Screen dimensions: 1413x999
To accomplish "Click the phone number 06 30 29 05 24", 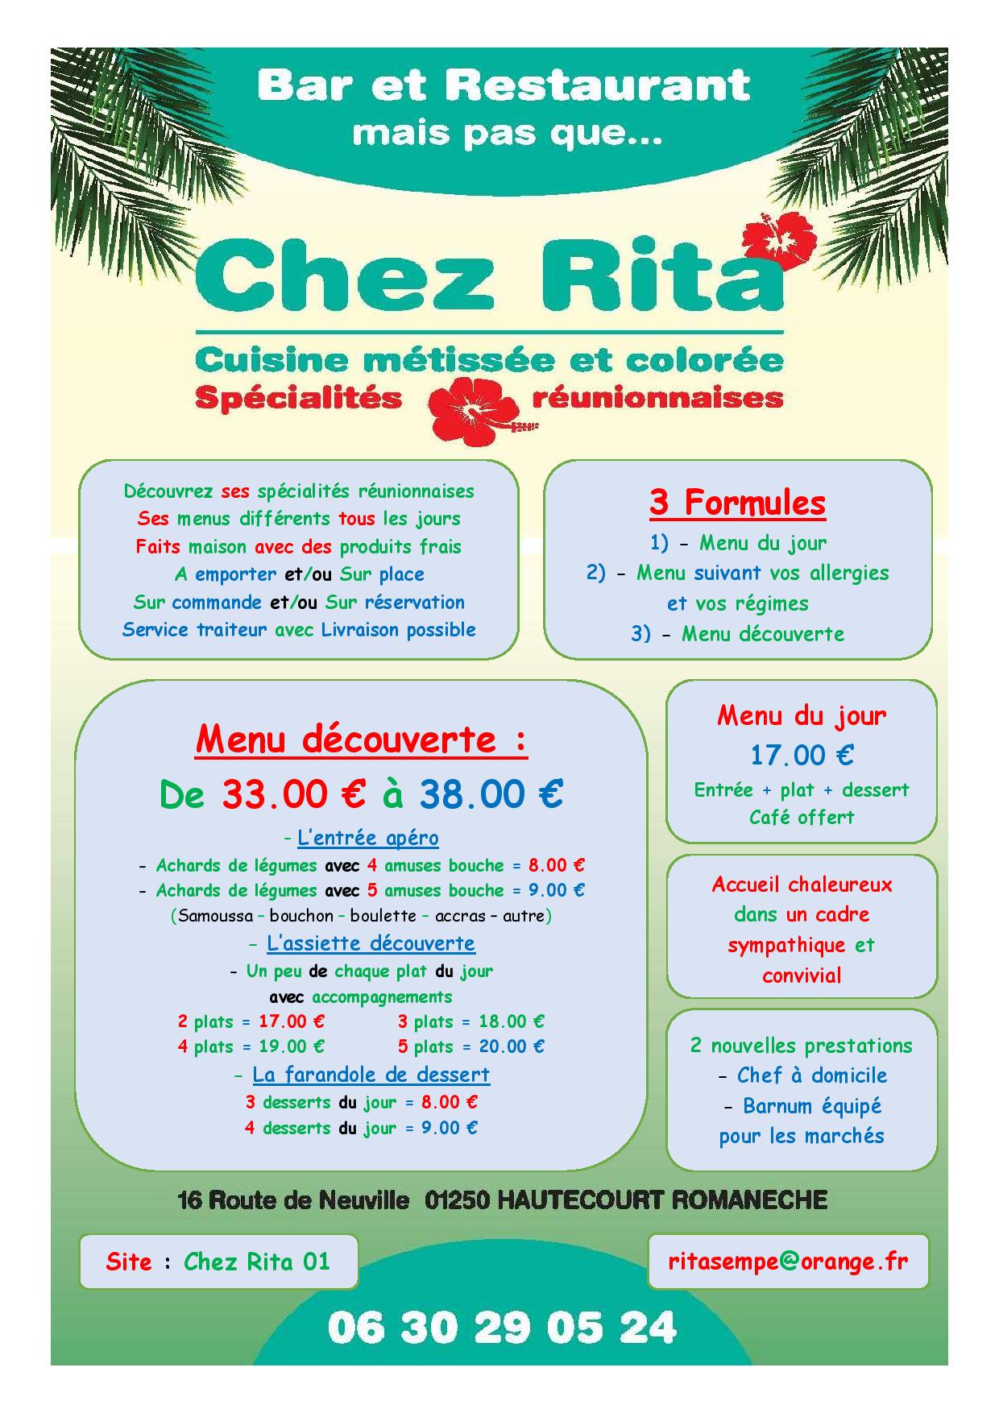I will [x=501, y=1328].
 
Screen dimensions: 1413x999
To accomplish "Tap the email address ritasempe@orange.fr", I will [x=788, y=1261].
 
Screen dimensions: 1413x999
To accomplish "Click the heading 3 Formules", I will [x=737, y=503].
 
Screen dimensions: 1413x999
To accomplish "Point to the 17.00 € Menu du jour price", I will [x=802, y=755].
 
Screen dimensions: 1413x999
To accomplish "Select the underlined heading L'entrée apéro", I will [x=367, y=838].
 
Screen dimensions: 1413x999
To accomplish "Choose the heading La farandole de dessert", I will [x=371, y=1074].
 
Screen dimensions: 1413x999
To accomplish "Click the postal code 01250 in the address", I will [x=457, y=1200].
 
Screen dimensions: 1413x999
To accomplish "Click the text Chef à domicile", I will [x=812, y=1075].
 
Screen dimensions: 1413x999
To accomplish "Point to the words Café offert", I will [x=802, y=817].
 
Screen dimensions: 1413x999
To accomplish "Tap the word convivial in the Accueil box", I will [x=802, y=976].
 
